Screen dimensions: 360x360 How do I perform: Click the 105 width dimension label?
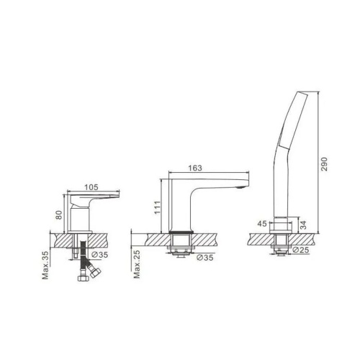[x=91, y=187]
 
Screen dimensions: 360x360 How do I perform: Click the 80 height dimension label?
[x=59, y=215]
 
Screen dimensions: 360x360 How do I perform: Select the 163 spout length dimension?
[x=195, y=168]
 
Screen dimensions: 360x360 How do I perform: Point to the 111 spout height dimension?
[x=157, y=208]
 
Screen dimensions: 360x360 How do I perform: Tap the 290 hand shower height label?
[x=324, y=164]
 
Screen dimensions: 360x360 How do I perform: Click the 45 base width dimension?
[x=262, y=224]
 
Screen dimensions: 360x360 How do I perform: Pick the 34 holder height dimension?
[x=303, y=225]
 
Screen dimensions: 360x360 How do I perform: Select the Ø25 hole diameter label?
[x=301, y=250]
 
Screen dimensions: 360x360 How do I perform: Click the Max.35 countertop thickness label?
[x=45, y=265]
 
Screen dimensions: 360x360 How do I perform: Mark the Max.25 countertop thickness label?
[x=137, y=264]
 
